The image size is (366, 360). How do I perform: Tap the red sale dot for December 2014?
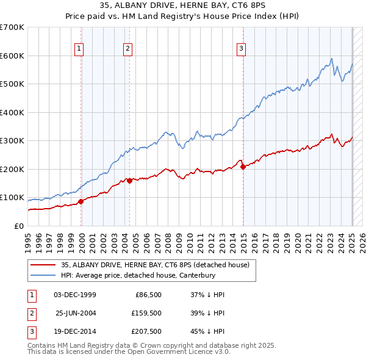coord(243,167)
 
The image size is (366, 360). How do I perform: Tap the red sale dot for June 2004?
coord(130,181)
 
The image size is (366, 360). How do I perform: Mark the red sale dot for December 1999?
coord(81,201)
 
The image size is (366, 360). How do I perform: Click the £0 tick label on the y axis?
coord(18,226)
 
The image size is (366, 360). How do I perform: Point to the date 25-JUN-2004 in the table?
coord(76,314)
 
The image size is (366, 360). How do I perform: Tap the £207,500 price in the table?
coord(147,333)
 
